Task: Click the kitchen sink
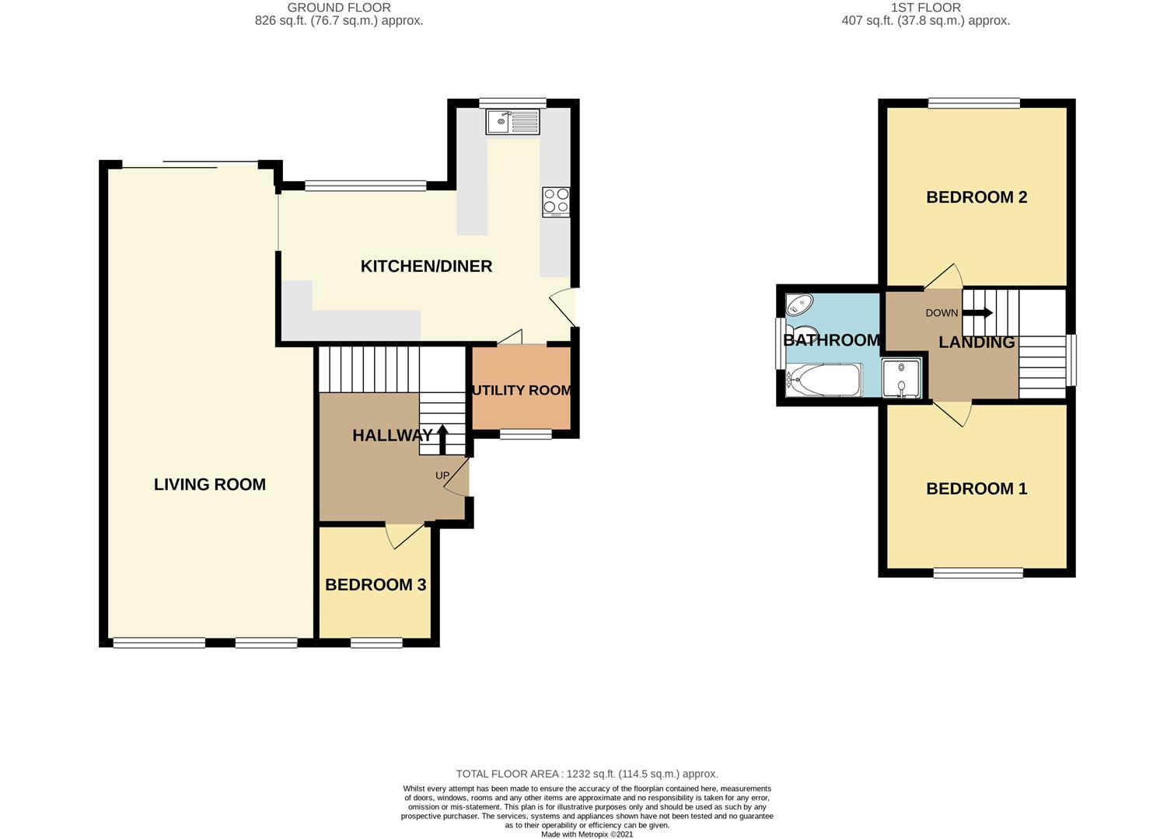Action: click(x=512, y=121)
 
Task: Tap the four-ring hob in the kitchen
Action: click(x=556, y=202)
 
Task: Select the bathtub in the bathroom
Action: click(x=823, y=380)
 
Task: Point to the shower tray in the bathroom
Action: click(x=901, y=378)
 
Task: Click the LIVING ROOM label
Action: click(x=210, y=485)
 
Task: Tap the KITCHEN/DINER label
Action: click(x=427, y=266)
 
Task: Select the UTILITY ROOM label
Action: click(x=522, y=390)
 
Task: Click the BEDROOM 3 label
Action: click(x=376, y=584)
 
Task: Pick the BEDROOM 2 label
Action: click(x=977, y=197)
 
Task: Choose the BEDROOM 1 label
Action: click(x=977, y=488)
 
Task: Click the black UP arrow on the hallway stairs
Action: click(x=442, y=439)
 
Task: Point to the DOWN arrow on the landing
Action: click(x=977, y=312)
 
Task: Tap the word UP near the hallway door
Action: click(x=442, y=475)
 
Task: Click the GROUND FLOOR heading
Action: click(x=339, y=8)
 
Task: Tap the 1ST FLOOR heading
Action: click(x=926, y=8)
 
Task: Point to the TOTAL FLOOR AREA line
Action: click(x=587, y=774)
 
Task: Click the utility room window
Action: click(x=526, y=434)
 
